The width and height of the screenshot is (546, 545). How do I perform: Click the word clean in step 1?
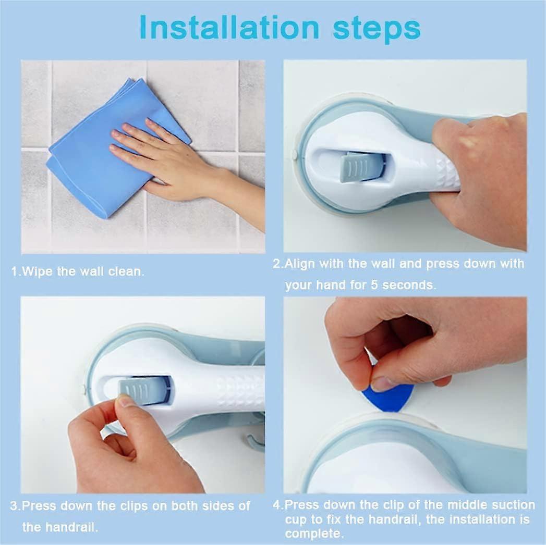pyautogui.click(x=127, y=271)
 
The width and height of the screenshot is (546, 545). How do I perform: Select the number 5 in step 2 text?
pyautogui.click(x=374, y=285)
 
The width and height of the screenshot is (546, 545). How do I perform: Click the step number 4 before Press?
pyautogui.click(x=277, y=505)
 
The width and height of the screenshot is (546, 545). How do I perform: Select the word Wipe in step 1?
pyautogui.click(x=35, y=271)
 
